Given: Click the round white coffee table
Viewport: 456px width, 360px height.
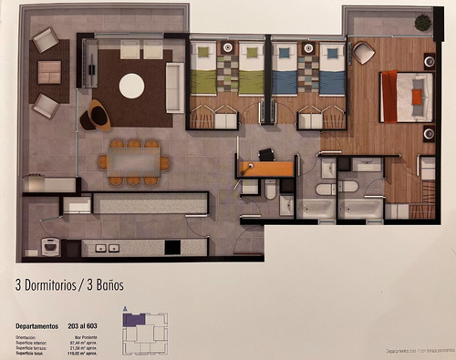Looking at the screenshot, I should tap(131, 86).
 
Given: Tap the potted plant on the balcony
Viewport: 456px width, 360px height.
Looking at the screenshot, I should tap(422, 22).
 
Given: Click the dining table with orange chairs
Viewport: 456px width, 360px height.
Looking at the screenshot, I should tap(133, 161).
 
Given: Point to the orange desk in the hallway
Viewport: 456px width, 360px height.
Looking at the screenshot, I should tap(266, 168).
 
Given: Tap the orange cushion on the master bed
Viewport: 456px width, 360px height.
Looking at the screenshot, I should tap(417, 96).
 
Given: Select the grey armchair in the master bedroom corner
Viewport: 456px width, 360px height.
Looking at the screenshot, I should tap(363, 54).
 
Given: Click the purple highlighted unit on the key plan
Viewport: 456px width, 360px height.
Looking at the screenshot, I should tap(135, 321).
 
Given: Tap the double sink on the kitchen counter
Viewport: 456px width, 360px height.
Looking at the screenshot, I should tap(107, 247).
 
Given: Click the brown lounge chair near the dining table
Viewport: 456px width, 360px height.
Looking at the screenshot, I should tap(95, 116).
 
